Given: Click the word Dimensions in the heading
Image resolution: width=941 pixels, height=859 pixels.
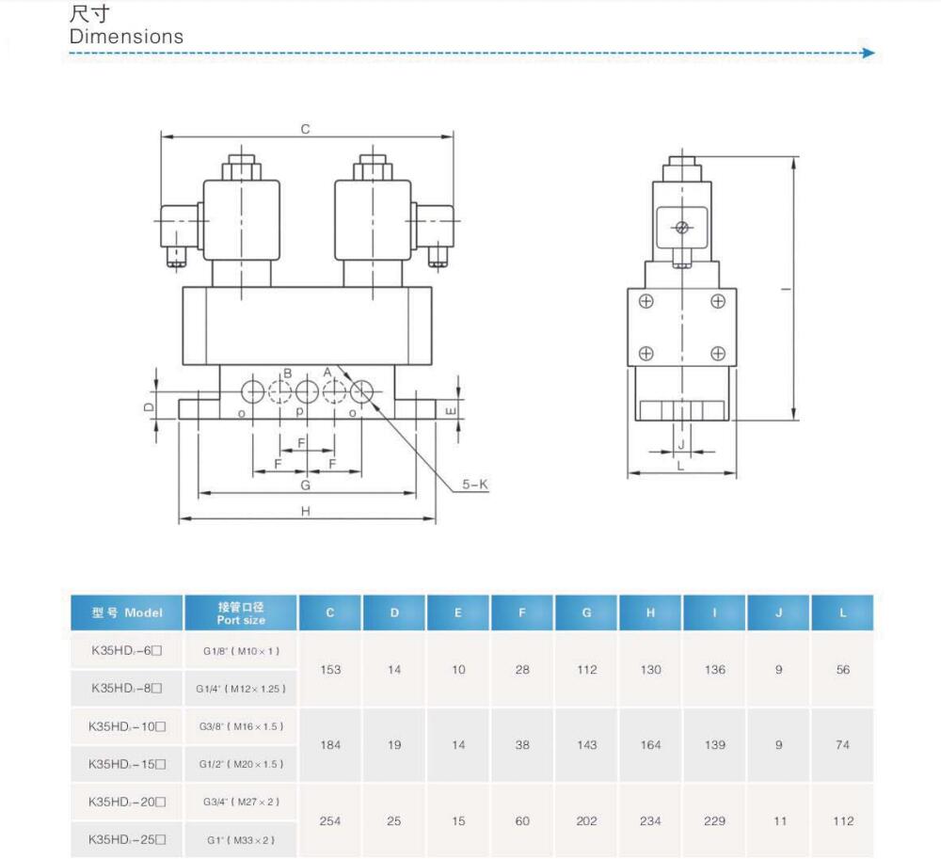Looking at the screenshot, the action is [x=126, y=37].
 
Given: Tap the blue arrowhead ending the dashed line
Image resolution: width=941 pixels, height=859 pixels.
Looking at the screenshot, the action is [x=869, y=53].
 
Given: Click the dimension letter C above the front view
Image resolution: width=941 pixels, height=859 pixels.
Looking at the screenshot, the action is [x=306, y=129].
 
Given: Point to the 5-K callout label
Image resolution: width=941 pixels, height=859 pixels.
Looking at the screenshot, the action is [x=474, y=485].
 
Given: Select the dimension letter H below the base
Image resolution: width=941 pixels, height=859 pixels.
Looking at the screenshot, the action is [x=306, y=511].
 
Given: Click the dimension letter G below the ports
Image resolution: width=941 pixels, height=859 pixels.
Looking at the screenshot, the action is [x=306, y=485].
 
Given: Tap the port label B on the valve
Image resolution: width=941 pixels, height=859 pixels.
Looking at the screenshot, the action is [x=287, y=374].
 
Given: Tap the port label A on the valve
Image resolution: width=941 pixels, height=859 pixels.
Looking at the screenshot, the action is [x=327, y=373].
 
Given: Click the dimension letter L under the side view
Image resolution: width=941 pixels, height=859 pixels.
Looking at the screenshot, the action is [x=680, y=466].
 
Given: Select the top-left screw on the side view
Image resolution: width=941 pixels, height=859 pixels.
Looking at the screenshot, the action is [x=646, y=301].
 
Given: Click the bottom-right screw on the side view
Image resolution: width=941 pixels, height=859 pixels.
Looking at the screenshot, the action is [x=718, y=354].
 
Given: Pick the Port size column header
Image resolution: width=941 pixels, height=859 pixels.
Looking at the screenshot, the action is [x=241, y=613].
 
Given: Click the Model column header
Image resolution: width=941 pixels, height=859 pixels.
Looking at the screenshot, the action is [x=127, y=613].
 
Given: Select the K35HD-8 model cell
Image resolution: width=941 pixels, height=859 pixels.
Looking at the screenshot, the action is [x=127, y=688].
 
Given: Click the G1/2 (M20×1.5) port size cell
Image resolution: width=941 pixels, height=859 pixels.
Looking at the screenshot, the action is [x=241, y=764].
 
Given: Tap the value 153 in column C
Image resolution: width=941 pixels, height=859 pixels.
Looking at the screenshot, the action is [x=330, y=670].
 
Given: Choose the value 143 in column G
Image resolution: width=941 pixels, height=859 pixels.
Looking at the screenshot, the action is [x=586, y=744].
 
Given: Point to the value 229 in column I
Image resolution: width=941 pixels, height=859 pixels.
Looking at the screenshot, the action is [x=714, y=820].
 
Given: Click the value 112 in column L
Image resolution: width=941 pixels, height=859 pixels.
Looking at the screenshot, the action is [x=842, y=820].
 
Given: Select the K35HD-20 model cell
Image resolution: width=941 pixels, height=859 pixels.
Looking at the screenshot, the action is [x=127, y=802].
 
